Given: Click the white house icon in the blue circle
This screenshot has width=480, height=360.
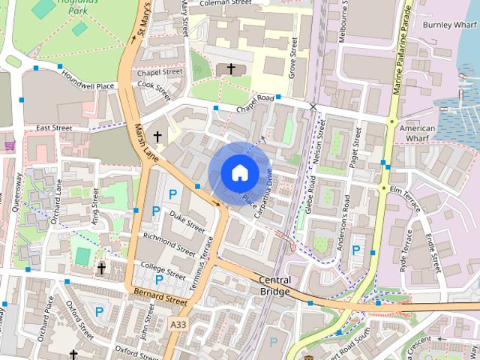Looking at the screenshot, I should click(x=238, y=172).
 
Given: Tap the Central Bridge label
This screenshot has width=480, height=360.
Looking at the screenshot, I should click(x=274, y=286).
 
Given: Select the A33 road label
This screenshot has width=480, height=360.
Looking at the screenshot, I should click(x=178, y=324).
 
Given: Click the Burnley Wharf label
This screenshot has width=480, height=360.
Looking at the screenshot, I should click(x=448, y=24).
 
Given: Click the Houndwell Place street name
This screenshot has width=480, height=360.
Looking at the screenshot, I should click(x=88, y=86).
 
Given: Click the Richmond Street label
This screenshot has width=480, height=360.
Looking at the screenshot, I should click(x=169, y=244).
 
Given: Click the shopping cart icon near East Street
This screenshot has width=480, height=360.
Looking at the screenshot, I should click(x=9, y=145).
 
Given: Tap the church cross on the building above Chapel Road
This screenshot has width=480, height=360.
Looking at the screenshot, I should click(x=231, y=70).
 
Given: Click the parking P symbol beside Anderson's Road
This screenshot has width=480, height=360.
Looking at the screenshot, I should click(x=356, y=250).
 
